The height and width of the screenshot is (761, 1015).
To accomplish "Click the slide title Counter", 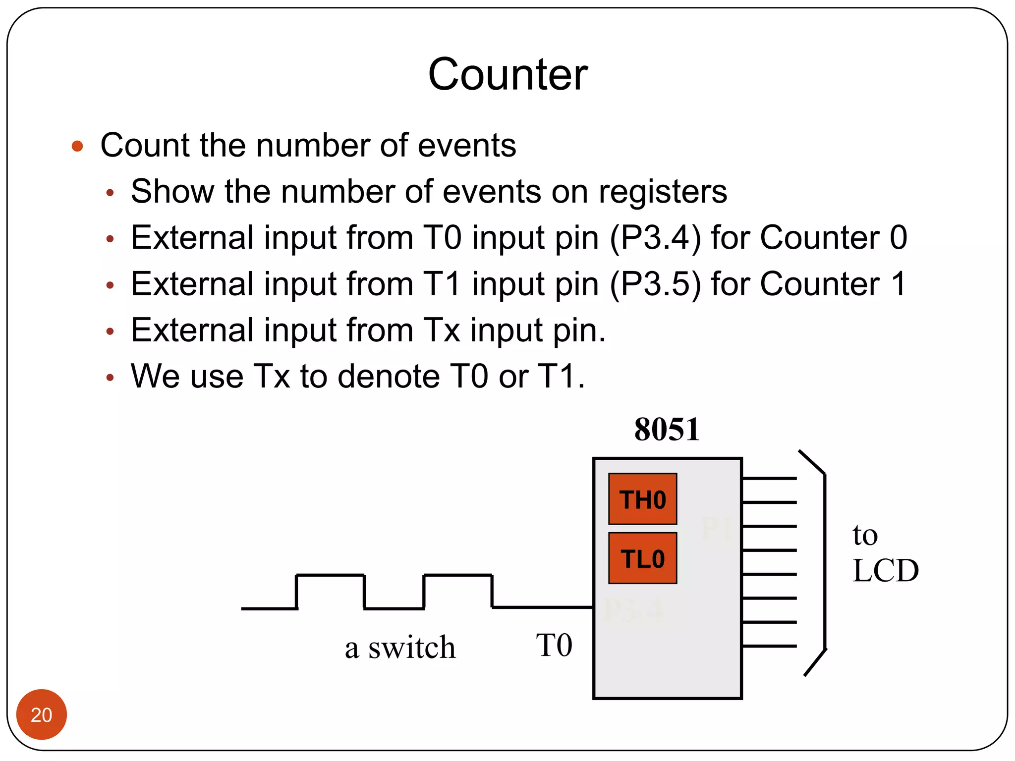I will click(x=507, y=74).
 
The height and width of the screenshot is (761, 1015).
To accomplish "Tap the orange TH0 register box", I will click(x=642, y=499).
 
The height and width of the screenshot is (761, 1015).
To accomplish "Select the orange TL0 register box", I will click(x=642, y=558).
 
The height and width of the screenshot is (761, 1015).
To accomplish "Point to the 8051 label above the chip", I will click(x=667, y=429).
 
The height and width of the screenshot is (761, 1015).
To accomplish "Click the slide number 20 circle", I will click(x=41, y=714).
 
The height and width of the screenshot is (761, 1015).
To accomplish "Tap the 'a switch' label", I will click(x=400, y=647).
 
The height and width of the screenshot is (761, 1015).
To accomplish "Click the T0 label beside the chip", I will click(x=554, y=645).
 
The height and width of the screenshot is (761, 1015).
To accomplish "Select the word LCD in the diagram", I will click(x=886, y=570).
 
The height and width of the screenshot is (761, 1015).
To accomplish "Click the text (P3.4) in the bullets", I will click(x=655, y=238).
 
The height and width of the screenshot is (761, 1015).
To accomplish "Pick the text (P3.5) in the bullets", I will click(x=655, y=284).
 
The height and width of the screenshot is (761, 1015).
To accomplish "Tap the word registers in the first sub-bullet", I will click(x=663, y=192).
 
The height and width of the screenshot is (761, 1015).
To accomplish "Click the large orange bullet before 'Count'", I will click(x=77, y=146).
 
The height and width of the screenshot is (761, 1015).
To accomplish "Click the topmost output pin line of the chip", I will click(x=769, y=478).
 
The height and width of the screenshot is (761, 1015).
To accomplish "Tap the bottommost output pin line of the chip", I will click(x=769, y=646).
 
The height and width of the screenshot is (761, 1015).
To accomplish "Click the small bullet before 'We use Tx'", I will click(x=110, y=378).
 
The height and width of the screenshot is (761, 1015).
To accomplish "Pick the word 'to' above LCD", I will click(x=865, y=535).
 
